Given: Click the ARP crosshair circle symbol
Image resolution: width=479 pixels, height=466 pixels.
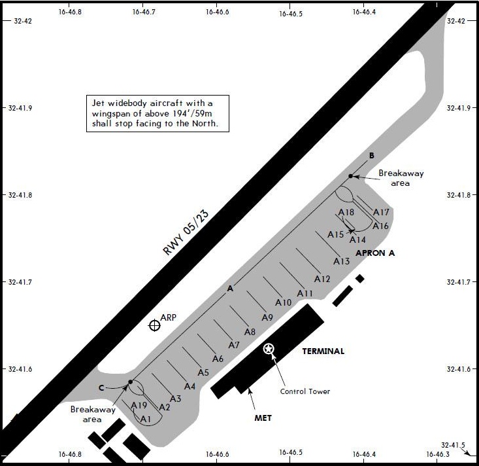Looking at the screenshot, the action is point(154,325).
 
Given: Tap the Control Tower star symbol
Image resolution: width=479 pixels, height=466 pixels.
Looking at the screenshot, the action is point(269,349).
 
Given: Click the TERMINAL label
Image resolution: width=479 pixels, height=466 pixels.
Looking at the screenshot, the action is point(323,351).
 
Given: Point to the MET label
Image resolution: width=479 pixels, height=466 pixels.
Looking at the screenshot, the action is point(263,418).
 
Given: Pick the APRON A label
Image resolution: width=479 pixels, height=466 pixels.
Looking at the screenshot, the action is point(376,253).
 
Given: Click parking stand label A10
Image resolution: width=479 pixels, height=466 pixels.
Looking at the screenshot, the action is point(283,302).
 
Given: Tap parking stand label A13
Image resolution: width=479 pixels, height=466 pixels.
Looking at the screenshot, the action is point(341,261).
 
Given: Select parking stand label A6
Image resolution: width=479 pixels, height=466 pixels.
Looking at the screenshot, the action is point(218,359).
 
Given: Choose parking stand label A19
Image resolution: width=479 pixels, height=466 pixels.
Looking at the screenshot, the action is point(139,405).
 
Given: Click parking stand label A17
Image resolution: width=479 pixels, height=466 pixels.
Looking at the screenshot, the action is point(381,212).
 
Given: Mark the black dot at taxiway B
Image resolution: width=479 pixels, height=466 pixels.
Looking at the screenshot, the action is point(351,176).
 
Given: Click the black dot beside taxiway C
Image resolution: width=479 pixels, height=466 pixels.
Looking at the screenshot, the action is point(131,382).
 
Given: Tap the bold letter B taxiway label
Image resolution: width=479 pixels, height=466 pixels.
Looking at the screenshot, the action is point(372,156).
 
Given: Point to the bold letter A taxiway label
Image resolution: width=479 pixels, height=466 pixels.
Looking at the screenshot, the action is point(229,289).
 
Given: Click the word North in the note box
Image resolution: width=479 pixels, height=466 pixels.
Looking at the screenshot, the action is point(212,122).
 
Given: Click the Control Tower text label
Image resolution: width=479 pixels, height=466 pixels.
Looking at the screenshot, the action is point(305,391).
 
